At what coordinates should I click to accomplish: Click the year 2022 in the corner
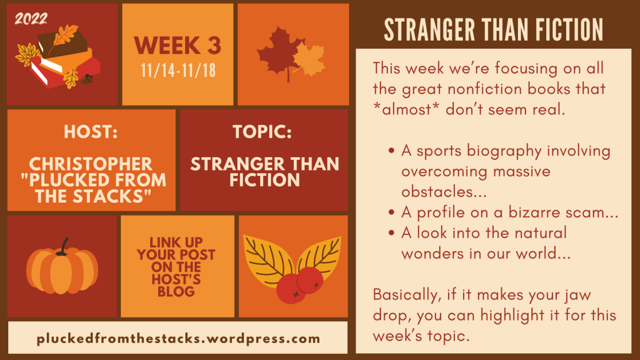(x=31, y=18)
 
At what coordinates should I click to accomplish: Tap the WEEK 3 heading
(x=178, y=45)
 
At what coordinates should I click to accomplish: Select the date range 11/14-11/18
(x=178, y=70)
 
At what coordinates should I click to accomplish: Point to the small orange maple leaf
(x=310, y=59)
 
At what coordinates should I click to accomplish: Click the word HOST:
(x=91, y=132)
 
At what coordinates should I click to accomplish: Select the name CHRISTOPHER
(x=91, y=164)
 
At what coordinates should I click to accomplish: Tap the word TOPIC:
(x=262, y=132)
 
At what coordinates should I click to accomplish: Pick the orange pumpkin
(x=62, y=270)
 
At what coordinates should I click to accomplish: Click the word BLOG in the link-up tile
(x=176, y=292)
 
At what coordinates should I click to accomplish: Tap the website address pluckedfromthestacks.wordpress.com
(x=178, y=339)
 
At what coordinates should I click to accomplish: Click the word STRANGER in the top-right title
(x=429, y=30)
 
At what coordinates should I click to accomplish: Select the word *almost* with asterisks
(x=402, y=110)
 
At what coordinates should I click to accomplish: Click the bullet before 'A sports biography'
(x=392, y=151)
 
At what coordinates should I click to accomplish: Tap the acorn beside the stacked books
(x=86, y=80)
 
